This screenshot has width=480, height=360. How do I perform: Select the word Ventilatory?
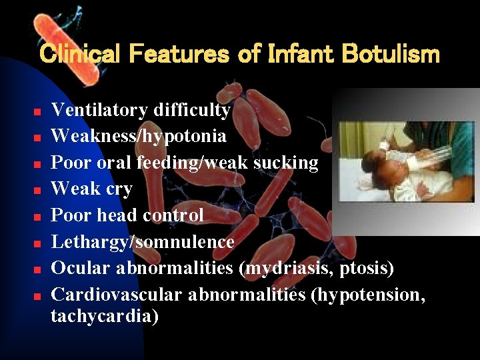coord(100,110)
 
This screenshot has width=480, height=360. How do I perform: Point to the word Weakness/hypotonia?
coord(139,137)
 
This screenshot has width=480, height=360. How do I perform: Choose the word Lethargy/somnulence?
coord(143,242)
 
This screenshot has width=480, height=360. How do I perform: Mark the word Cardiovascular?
coord(117,294)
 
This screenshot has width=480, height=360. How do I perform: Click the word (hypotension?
coord(368,294)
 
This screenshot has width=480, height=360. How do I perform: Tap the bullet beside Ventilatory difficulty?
coord(39,111)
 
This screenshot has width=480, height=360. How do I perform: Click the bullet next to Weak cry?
coord(39,190)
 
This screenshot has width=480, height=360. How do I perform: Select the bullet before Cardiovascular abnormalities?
coord(39,295)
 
